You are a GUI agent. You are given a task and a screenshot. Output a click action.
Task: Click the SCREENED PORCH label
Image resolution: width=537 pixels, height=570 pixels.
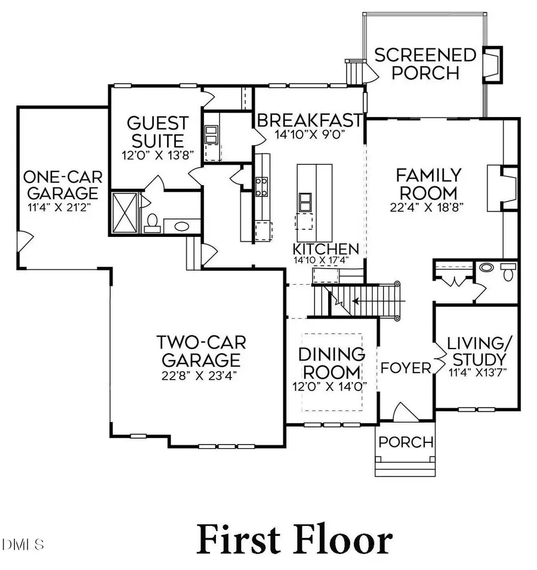pos(425,64)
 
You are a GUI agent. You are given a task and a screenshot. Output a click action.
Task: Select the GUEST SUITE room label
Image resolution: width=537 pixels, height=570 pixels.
pos(158,133)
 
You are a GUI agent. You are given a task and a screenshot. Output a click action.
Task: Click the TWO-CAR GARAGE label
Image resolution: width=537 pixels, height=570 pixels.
pos(201,352)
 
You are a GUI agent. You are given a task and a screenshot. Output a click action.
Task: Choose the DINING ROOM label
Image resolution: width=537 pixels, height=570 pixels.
pos(332,362)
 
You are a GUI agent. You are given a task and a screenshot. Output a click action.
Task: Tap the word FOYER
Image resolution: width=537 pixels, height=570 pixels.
pos(406,368)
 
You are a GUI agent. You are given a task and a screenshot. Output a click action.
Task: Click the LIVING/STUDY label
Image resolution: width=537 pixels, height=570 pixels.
pos(477,352)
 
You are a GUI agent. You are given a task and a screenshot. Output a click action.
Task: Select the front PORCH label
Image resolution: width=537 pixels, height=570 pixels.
pos(406,442)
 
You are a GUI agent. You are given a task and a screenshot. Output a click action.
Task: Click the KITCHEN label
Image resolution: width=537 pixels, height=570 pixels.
pos(325,249)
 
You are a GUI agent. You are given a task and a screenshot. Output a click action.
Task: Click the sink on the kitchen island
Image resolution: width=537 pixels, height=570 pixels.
pos(305,202)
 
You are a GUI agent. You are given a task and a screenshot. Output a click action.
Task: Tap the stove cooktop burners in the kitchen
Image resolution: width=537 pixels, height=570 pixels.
pos(262,186)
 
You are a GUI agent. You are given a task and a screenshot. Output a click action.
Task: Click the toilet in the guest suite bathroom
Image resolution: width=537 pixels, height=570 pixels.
pos(152,223)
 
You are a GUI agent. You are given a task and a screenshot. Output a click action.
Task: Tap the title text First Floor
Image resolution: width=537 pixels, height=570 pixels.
pos(295,539)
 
